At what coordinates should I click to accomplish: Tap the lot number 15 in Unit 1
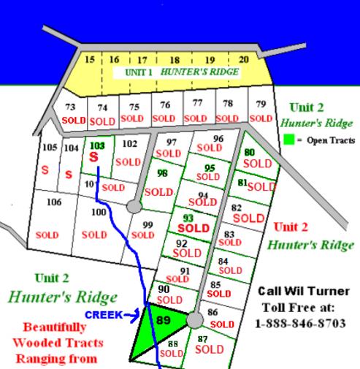coord(90,59)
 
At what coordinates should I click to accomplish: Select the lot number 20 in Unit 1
coord(244,59)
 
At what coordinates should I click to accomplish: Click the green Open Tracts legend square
coord(288,140)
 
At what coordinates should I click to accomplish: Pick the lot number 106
coord(54,202)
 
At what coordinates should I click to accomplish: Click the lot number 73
coord(71,107)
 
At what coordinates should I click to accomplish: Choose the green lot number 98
coord(163,173)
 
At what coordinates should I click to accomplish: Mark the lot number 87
coord(202,338)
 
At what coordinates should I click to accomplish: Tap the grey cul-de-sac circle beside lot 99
coord(133,207)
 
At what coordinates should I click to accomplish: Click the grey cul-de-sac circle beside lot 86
coord(194,320)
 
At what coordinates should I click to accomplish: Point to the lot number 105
coord(49,148)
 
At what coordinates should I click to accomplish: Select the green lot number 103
coord(97,145)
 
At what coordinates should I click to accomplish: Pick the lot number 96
coord(218,138)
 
